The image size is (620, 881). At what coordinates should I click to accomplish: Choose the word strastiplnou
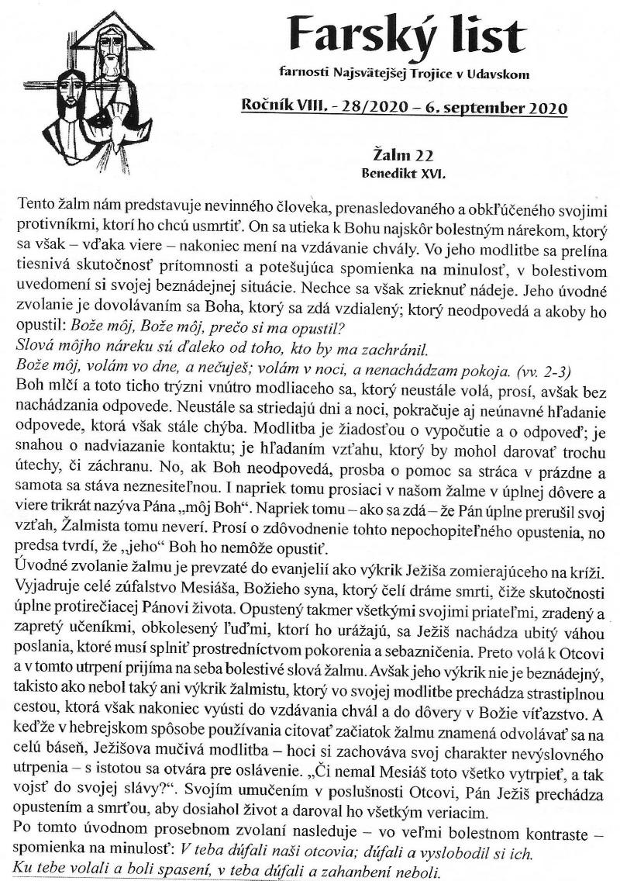pos(563,733)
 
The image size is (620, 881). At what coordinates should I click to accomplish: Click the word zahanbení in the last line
pos(356,872)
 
